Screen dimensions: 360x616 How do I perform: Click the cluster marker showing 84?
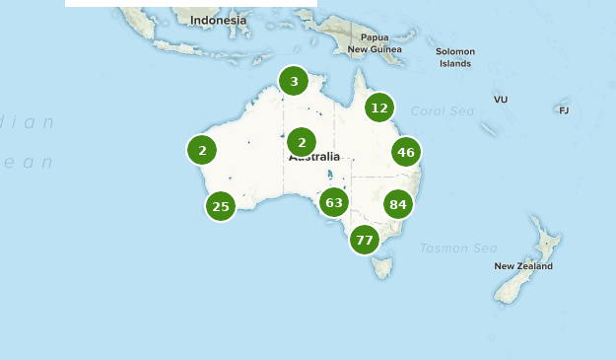click(398, 205)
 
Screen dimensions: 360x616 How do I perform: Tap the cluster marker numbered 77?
click(365, 240)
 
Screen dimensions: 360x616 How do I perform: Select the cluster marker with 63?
click(334, 203)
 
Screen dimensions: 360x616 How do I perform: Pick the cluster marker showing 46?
click(406, 152)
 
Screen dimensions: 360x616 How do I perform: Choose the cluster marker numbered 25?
click(221, 206)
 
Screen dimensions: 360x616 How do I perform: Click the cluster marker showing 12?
click(379, 108)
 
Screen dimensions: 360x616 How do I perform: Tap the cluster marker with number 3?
click(294, 81)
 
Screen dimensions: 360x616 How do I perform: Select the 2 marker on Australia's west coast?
click(202, 150)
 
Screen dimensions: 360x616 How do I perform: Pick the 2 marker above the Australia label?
click(302, 142)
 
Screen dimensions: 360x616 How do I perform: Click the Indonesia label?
click(219, 20)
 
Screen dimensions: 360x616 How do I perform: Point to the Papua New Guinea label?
click(375, 43)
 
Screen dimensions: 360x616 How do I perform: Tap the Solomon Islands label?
click(455, 57)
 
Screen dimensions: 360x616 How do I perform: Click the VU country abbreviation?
click(501, 100)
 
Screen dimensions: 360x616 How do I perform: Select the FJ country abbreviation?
click(564, 110)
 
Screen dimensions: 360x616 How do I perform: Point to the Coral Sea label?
click(443, 111)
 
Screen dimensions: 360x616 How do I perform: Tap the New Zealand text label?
click(523, 266)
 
